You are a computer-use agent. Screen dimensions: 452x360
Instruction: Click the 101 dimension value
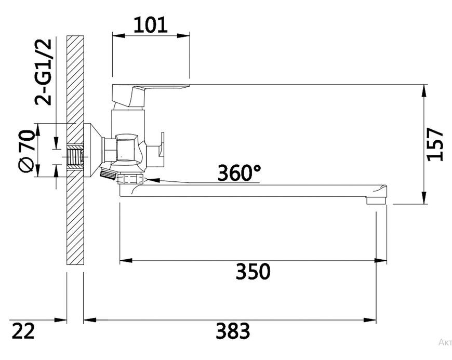click(151, 25)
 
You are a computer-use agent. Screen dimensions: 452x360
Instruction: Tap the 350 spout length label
click(253, 271)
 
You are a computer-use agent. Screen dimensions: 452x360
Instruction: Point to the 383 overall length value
click(233, 331)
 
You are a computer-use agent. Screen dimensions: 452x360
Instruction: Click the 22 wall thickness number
click(23, 331)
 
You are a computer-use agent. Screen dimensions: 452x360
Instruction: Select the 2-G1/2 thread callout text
click(43, 72)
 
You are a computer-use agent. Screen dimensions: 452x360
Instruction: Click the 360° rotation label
click(240, 172)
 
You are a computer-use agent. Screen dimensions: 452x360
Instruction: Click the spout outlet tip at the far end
click(376, 201)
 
